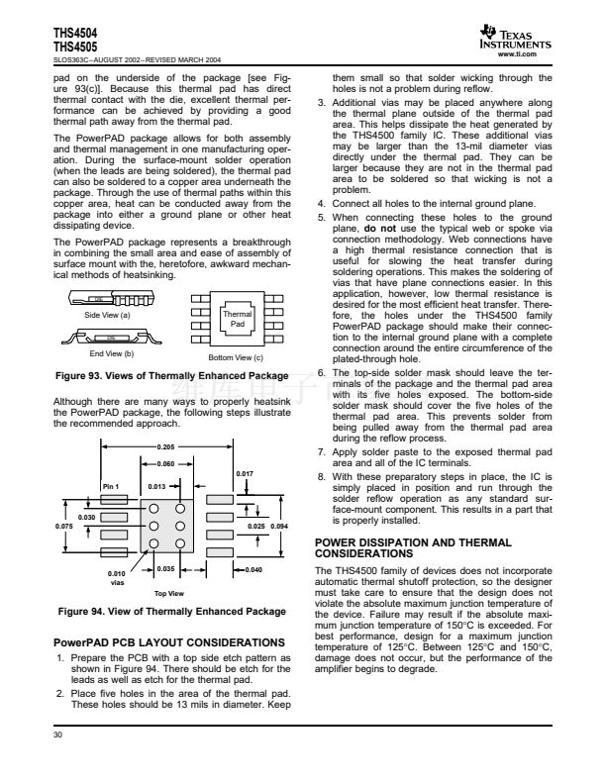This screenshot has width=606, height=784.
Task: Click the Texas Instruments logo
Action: [517, 37]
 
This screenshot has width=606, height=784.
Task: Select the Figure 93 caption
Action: [173, 374]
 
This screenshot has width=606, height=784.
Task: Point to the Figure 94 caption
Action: [173, 612]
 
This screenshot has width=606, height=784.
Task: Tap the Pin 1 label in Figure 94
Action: [110, 486]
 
